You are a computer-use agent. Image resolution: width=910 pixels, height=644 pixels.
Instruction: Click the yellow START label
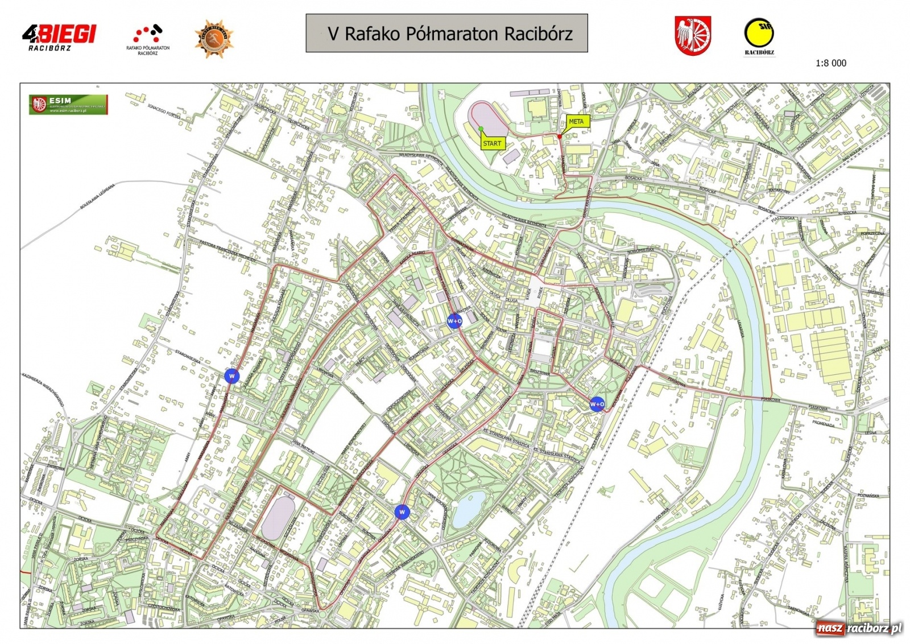(x=492, y=143)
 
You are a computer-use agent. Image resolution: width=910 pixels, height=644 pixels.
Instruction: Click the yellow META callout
(x=576, y=122)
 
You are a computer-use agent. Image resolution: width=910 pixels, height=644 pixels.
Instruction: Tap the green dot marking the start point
(x=481, y=129)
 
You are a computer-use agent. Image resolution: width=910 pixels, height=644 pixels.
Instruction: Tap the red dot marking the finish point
(x=560, y=137)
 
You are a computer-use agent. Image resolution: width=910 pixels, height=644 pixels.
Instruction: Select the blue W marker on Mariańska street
(x=231, y=376)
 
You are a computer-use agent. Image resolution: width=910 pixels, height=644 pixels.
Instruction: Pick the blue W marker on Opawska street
(x=402, y=512)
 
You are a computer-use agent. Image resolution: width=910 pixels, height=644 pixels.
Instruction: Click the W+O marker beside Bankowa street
(x=454, y=321)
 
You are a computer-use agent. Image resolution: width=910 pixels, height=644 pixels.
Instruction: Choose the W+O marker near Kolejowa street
(x=597, y=404)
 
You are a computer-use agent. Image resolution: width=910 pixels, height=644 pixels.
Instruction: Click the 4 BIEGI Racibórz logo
(x=59, y=37)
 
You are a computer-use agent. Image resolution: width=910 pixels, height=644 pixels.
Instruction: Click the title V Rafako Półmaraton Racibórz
(x=446, y=34)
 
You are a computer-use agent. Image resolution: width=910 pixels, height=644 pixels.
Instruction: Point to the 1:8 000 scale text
(x=830, y=63)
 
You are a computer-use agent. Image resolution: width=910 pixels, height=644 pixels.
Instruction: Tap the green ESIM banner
(x=68, y=104)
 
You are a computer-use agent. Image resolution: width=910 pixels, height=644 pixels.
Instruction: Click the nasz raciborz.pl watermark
(x=859, y=628)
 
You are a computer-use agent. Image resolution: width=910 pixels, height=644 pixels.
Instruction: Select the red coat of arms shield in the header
(x=693, y=36)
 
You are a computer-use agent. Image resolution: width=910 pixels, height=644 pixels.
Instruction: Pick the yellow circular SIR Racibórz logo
(x=759, y=35)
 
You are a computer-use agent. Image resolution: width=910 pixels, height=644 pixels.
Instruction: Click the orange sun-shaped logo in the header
(x=214, y=39)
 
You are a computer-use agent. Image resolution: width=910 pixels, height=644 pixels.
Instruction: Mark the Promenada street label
(x=823, y=424)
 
